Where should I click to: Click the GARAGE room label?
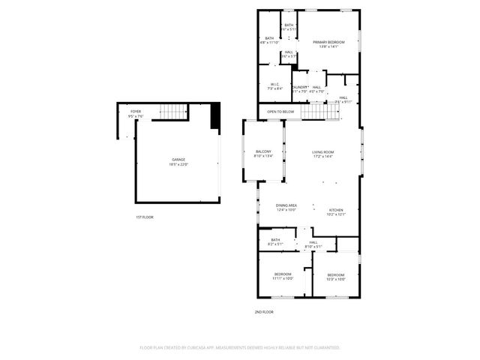point(178,160)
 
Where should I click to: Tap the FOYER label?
point(136,112)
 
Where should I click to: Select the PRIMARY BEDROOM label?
point(329,42)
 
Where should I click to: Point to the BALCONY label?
point(262,151)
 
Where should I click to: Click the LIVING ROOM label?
point(323,152)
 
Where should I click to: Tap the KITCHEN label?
point(336,210)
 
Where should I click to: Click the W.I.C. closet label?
point(275,84)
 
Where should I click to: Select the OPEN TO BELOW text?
point(280,112)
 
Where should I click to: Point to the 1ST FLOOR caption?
point(145,217)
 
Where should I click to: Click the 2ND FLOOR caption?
point(264,311)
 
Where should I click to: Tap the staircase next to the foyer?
point(175,112)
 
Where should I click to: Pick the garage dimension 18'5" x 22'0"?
point(178,164)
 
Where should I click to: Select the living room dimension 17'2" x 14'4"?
point(323,157)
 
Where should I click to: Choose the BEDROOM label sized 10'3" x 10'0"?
point(336,275)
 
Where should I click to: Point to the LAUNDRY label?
point(300,87)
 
